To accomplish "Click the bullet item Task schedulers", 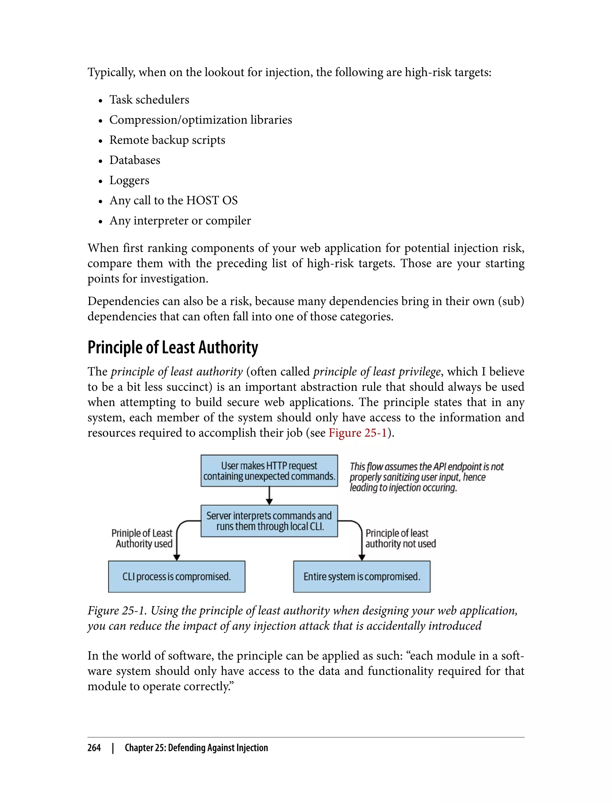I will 149,99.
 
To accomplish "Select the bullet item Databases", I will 134,160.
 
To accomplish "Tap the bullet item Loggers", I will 129,180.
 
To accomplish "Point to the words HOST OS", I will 212,200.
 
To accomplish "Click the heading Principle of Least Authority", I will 173,347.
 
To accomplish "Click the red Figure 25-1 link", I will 357,433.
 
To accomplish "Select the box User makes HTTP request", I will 269,471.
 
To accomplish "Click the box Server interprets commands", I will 269,521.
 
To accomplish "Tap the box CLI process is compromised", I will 176,577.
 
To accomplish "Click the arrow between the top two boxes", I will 269,495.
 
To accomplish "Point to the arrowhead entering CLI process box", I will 177,557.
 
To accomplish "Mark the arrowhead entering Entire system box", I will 362,557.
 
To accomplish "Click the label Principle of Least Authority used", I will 142,538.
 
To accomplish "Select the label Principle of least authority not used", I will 400,538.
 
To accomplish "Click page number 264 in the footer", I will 94,748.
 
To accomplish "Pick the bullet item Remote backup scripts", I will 167,140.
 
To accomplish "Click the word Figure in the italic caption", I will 103,610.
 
